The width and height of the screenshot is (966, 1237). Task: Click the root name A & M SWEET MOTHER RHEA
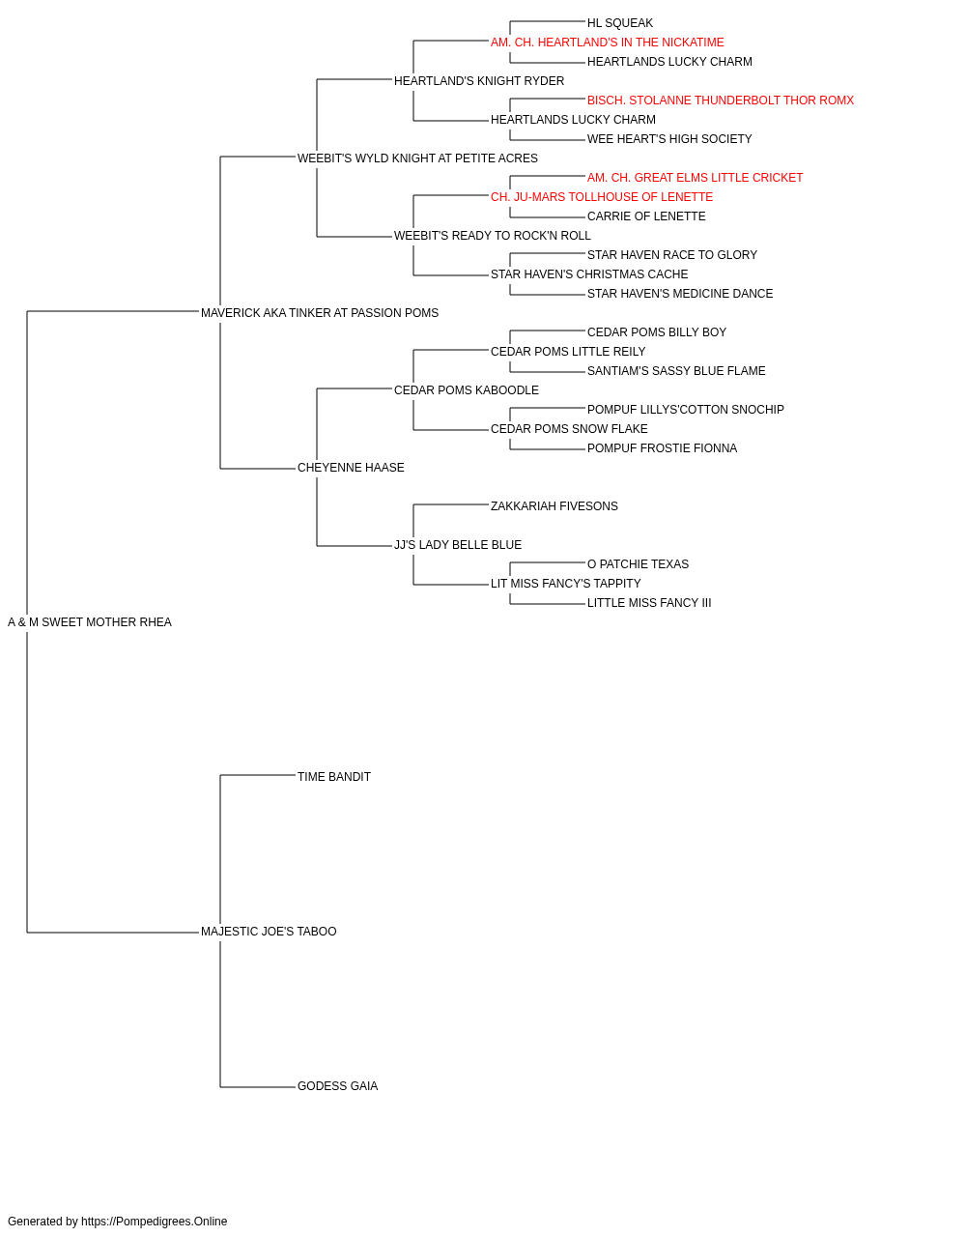point(89,622)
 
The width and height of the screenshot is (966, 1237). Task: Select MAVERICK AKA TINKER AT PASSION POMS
point(319,313)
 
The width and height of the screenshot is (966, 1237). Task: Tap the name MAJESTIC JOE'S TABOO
point(268,932)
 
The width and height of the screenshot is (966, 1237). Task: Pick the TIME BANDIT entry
point(333,777)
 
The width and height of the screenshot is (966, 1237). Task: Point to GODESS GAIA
point(337,1086)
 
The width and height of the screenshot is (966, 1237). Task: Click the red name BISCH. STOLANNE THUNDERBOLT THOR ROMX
point(721,101)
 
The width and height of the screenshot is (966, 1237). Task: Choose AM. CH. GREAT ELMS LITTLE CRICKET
point(695,178)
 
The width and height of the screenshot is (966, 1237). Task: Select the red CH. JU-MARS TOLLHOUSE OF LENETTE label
point(601,197)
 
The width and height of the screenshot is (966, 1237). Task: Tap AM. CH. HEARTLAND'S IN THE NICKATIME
point(607,43)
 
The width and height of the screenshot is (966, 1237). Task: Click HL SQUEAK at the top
point(619,23)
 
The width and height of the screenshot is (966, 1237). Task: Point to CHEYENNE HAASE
point(351,468)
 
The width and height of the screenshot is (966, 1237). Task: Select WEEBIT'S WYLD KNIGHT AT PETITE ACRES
point(417,158)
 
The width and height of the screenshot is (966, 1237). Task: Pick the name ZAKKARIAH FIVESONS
point(554,506)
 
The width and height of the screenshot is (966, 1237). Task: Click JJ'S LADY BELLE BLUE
point(457,545)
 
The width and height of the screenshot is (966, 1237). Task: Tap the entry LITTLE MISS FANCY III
point(648,603)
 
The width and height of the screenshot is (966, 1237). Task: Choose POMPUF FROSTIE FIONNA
point(662,448)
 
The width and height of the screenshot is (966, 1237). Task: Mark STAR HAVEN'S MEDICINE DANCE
point(680,294)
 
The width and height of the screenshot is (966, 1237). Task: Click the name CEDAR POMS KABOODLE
point(466,389)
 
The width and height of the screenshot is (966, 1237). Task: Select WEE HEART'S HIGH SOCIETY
point(669,139)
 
